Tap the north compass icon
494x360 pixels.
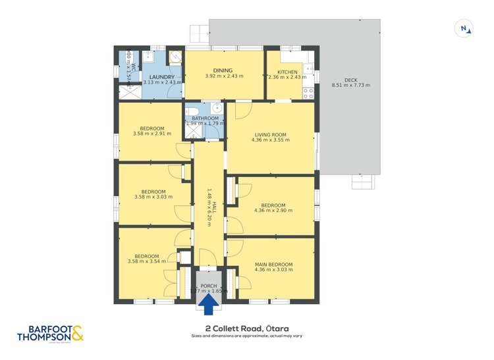click(x=465, y=28)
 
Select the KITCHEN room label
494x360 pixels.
click(x=287, y=72)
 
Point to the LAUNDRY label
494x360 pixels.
click(x=161, y=76)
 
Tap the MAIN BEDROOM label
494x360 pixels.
click(x=273, y=264)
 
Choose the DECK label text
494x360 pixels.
click(x=350, y=78)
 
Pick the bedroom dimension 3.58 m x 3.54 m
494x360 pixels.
click(x=147, y=262)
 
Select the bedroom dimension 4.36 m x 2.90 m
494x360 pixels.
click(x=273, y=211)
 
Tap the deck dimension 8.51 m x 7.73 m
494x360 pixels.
click(x=350, y=85)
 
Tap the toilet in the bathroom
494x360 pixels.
click(x=191, y=111)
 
